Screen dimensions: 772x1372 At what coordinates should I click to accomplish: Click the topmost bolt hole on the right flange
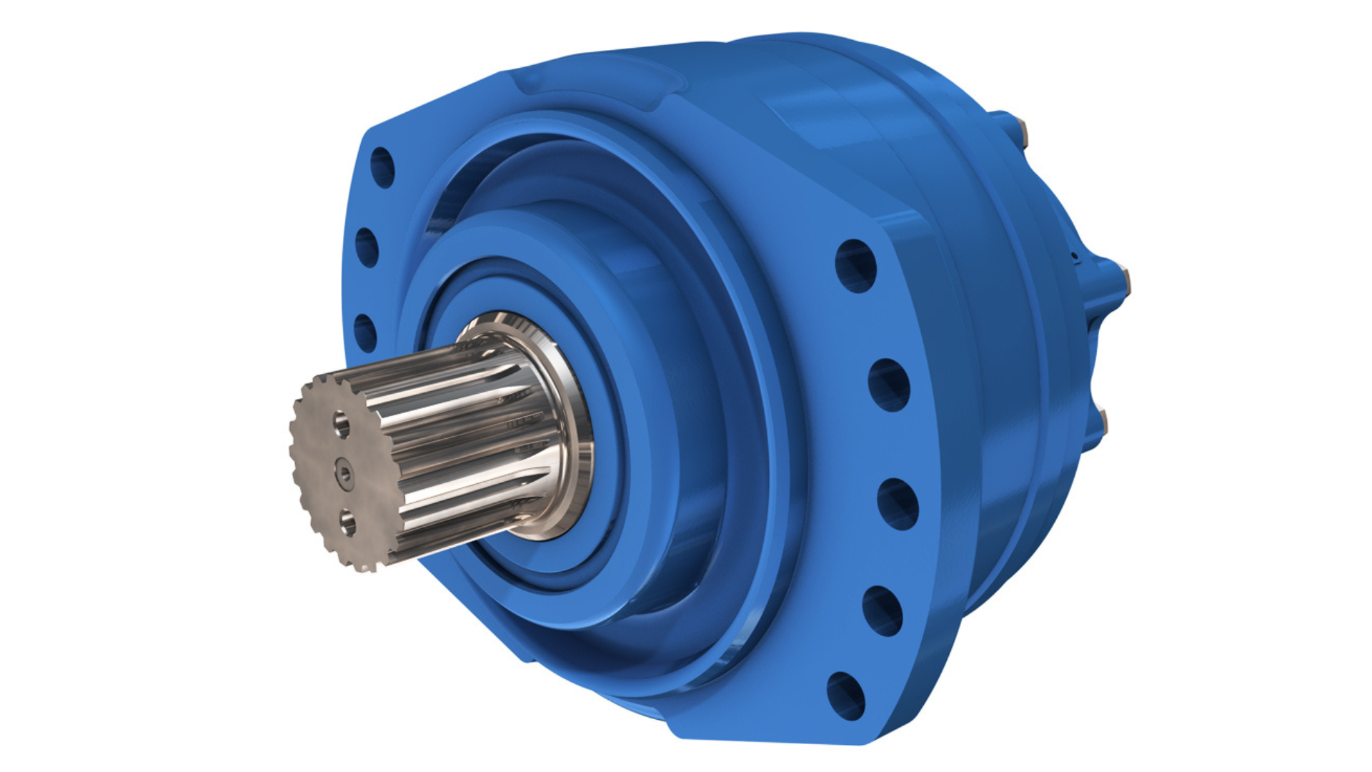click(x=855, y=265)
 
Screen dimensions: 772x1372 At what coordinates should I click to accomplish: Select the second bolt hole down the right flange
click(x=888, y=385)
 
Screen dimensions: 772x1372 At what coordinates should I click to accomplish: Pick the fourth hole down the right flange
click(x=883, y=610)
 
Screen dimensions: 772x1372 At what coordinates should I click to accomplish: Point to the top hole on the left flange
click(x=383, y=167)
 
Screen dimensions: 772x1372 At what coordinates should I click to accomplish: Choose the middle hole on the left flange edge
click(x=367, y=247)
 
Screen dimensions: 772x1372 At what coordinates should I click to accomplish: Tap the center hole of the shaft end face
click(x=345, y=472)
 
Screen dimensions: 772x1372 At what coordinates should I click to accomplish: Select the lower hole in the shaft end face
click(x=348, y=522)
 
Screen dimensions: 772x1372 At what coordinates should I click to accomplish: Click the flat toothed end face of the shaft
click(x=325, y=493)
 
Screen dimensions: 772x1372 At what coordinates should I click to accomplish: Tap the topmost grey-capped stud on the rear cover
click(x=1023, y=133)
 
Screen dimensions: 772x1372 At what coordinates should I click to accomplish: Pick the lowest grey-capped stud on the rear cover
click(x=1104, y=422)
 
